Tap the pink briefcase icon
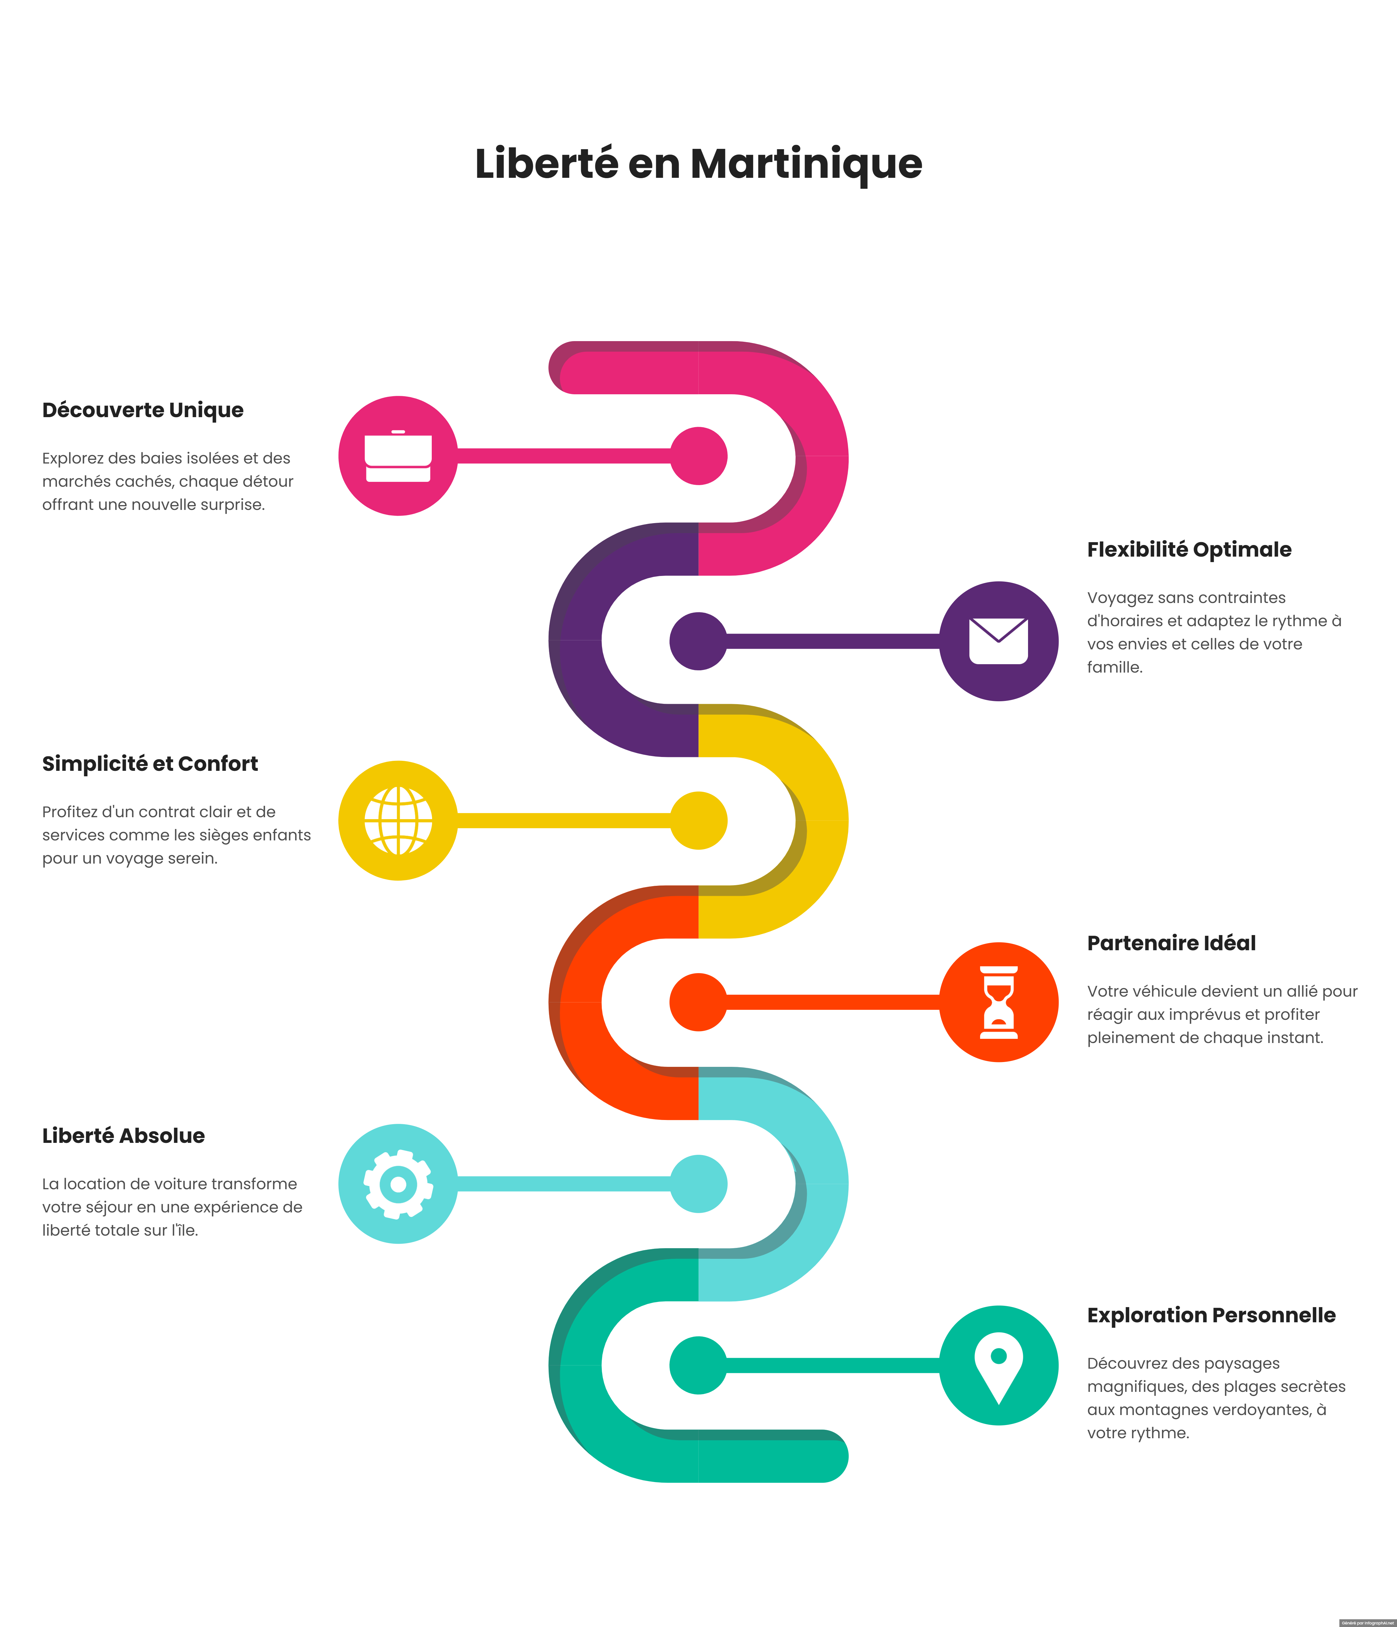coord(398,456)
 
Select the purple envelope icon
coord(998,642)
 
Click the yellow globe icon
coord(398,820)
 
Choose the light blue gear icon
coord(398,1184)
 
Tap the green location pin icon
coord(998,1366)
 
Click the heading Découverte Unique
coord(143,410)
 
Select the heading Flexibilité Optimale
coord(1188,550)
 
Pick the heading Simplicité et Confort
coord(150,764)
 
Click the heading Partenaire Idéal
coord(1171,943)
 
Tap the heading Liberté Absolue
coord(123,1136)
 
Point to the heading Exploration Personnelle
coord(1210,1315)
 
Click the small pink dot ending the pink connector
coord(699,456)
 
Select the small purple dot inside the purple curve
coord(699,642)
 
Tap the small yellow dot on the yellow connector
coord(699,820)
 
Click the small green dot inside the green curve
coord(699,1366)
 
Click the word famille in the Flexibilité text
coord(1114,667)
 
